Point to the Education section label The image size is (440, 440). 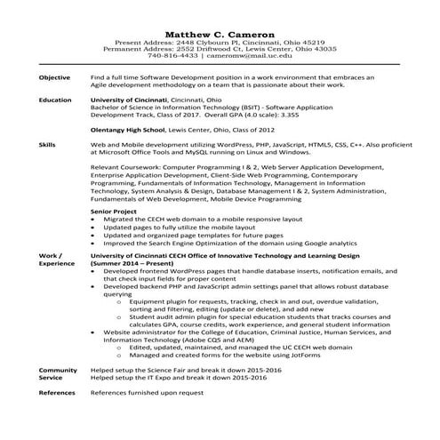55,100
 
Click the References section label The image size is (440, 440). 57,391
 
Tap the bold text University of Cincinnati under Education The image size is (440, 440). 133,100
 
